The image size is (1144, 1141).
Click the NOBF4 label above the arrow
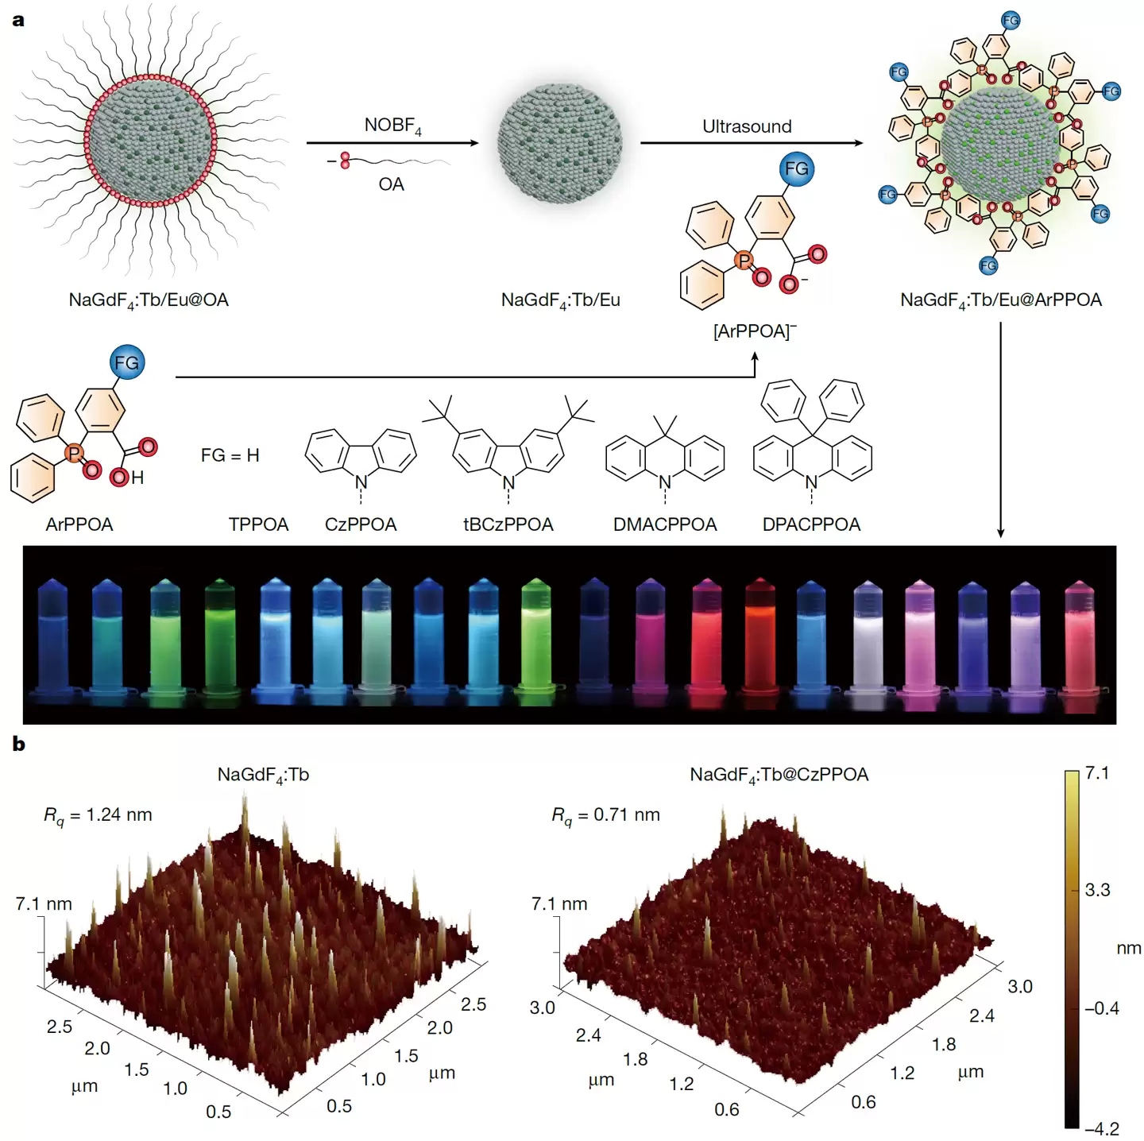[392, 126]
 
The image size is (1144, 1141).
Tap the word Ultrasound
[747, 126]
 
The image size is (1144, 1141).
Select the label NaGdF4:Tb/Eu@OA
[149, 300]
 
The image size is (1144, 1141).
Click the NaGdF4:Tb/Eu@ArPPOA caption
[1000, 300]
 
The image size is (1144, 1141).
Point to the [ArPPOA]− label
[754, 331]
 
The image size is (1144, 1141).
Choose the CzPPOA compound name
[361, 524]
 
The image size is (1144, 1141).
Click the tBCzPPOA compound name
[508, 524]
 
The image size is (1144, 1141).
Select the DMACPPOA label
[665, 524]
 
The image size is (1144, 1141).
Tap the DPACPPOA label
[811, 524]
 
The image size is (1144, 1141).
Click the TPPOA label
[258, 524]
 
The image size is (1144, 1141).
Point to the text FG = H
[230, 455]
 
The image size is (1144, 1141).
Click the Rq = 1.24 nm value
[98, 815]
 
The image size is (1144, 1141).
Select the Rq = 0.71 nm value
[606, 815]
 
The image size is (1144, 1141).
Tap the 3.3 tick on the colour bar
[1097, 890]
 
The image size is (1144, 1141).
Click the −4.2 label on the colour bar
[1102, 1128]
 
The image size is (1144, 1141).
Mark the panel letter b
[18, 745]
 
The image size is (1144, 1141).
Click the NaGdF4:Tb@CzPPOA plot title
[779, 775]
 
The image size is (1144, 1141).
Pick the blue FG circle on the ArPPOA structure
[126, 363]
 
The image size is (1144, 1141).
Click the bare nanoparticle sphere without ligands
[560, 143]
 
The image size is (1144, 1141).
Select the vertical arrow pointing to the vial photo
[1000, 429]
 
